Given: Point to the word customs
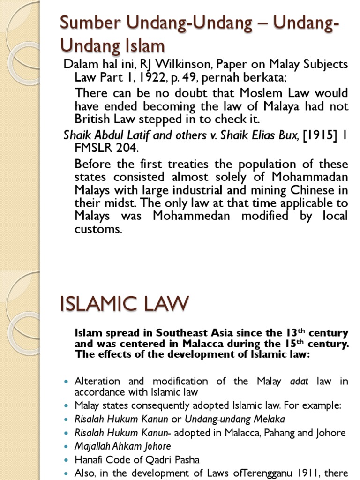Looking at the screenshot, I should coord(98,229).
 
